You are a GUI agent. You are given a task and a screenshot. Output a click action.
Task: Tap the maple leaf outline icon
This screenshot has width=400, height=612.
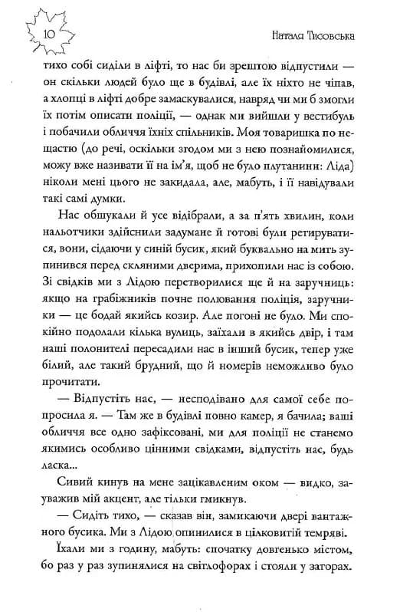click(x=46, y=31)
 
